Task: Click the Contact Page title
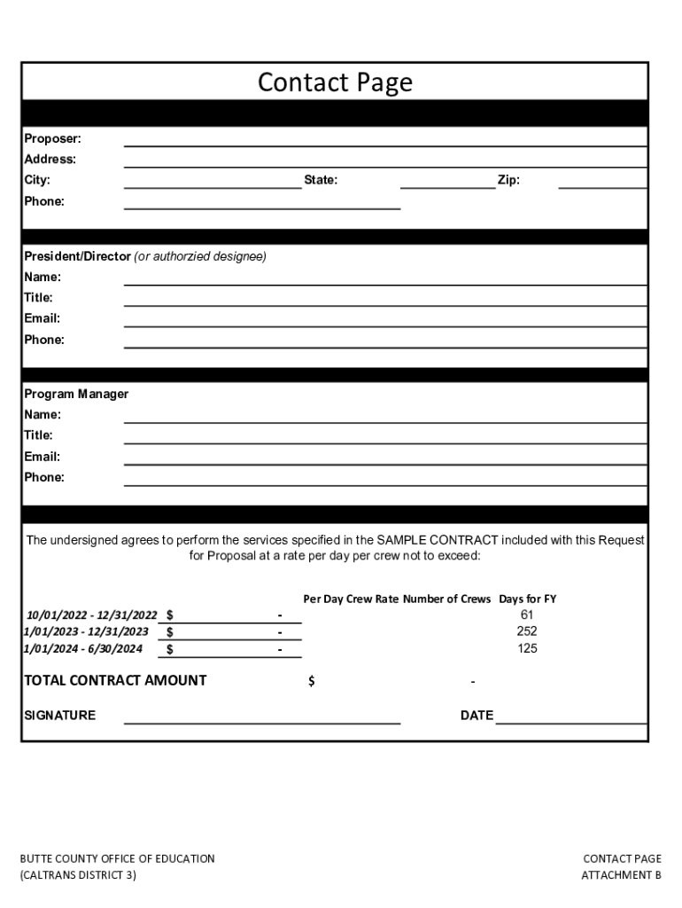coord(335,82)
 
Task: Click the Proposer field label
coord(52,138)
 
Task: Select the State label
coord(321,180)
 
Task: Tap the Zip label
coord(508,180)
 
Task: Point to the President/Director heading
coord(78,256)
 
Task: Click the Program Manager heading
coord(76,394)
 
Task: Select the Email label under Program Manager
coord(42,457)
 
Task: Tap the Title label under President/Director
coord(38,298)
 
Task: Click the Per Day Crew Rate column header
coord(351,599)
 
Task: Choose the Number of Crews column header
coord(446,599)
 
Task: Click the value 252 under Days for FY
coord(527,631)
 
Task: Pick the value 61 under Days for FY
coord(527,614)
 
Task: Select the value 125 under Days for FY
coord(527,648)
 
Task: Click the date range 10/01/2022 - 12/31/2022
coord(91,614)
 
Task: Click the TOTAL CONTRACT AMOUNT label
coord(115,680)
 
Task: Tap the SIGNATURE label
coord(59,716)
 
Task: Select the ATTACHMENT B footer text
coord(621,875)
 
